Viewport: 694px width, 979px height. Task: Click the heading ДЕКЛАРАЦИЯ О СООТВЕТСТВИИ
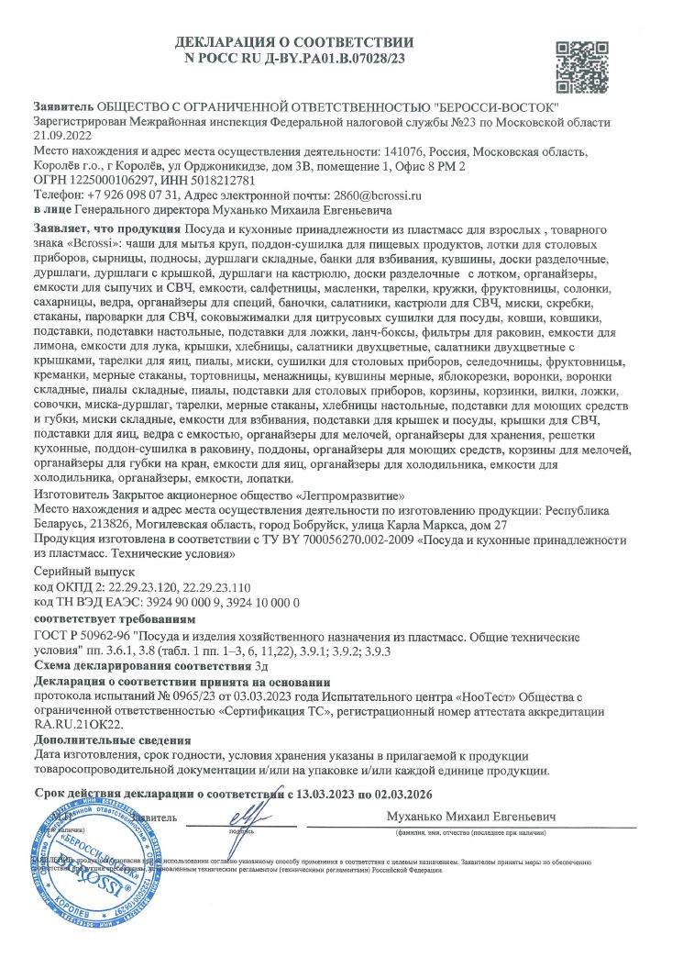(294, 42)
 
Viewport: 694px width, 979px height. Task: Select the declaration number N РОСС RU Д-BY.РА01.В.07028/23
(294, 58)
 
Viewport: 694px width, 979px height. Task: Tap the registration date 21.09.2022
(62, 135)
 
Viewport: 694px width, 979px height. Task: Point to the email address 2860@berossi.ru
(378, 195)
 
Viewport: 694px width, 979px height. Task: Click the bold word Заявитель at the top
(62, 106)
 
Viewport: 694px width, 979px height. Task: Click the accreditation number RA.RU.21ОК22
(77, 724)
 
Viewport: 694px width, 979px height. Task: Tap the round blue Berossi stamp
(83, 862)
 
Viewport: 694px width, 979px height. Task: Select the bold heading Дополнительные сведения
(113, 740)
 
